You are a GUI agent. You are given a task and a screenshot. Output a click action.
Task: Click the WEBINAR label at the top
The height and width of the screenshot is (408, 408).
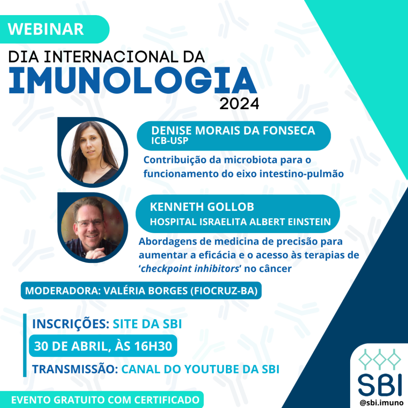(46, 29)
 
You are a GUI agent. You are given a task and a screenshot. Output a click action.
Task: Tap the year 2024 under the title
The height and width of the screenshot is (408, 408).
(239, 104)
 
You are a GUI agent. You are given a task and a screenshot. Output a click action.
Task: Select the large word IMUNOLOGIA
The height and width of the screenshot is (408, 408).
(133, 80)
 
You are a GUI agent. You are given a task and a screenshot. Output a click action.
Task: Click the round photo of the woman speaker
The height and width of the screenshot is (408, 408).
(92, 152)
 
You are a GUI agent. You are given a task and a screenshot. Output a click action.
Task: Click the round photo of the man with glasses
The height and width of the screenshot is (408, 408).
(92, 228)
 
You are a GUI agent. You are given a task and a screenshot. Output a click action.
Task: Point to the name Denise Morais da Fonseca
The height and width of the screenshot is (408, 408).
(233, 131)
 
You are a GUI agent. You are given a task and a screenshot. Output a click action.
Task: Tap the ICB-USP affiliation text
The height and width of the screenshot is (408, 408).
(170, 141)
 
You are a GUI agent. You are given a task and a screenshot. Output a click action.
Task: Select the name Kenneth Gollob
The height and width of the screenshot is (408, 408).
(202, 207)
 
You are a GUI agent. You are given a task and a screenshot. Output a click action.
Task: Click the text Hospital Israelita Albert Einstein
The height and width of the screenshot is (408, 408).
(240, 222)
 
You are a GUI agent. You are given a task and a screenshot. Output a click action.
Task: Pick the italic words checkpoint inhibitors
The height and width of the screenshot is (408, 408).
(190, 269)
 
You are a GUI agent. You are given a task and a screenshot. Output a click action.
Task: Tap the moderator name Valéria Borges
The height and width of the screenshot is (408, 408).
(145, 290)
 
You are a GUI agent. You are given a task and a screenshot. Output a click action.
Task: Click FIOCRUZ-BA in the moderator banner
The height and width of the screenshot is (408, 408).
(224, 290)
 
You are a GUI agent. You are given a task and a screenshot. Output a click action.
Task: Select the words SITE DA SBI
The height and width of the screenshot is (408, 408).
(147, 324)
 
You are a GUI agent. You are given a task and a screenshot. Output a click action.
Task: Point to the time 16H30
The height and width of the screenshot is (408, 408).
(153, 346)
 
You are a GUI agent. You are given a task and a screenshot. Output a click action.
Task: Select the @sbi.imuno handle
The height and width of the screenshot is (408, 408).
(381, 403)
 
